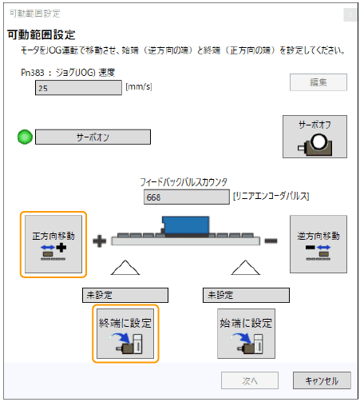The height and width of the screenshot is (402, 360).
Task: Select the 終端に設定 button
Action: click(125, 332)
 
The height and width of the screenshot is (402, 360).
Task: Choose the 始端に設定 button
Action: click(246, 332)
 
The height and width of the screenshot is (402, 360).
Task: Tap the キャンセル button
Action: click(316, 380)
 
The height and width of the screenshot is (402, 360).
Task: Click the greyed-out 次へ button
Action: click(249, 380)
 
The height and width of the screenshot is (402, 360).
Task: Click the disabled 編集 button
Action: click(318, 82)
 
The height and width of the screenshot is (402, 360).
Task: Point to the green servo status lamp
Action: click(25, 137)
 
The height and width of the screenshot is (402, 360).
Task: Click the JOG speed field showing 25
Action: click(77, 88)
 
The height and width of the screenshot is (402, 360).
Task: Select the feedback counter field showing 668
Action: click(184, 197)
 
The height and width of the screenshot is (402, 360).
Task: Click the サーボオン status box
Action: click(93, 137)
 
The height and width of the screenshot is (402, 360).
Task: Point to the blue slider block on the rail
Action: click(185, 226)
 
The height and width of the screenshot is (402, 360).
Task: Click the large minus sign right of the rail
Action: click(271, 240)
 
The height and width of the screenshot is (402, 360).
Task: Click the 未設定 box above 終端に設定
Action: click(125, 295)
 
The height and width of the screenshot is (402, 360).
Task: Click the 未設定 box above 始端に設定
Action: click(246, 295)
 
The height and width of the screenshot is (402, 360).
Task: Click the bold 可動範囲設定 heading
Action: click(42, 35)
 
